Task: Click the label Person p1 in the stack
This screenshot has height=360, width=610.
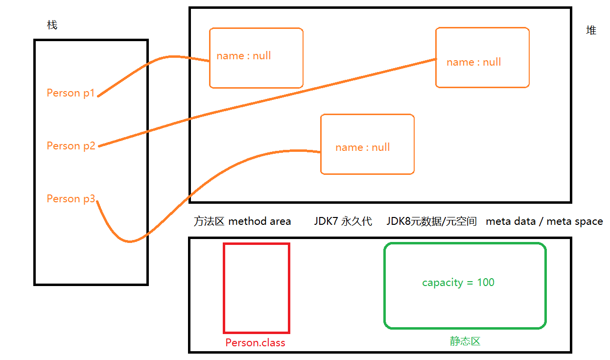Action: pos(70,93)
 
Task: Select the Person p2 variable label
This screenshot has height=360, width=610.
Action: pos(70,146)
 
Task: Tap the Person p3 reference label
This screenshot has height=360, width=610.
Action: pos(70,199)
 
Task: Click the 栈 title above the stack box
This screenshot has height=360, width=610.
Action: pos(52,25)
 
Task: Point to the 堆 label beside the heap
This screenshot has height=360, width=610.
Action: pos(591,30)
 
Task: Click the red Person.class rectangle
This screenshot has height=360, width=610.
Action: pos(257,288)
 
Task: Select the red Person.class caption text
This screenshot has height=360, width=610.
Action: pos(255,343)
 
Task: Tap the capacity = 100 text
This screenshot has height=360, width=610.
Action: pos(458,283)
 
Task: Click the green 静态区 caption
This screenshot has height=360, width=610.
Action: pos(465,341)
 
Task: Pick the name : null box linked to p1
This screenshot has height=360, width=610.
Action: pos(256,58)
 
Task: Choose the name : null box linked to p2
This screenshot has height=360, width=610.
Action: pos(482,57)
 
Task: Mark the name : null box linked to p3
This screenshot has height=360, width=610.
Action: pos(367,144)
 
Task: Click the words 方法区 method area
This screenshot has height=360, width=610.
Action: pos(242,221)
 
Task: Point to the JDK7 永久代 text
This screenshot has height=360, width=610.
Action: pos(343,221)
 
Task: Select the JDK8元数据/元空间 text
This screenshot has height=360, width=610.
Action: pos(431,221)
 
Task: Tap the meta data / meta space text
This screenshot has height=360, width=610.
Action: pos(544,221)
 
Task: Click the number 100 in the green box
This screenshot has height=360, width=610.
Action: pos(486,283)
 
